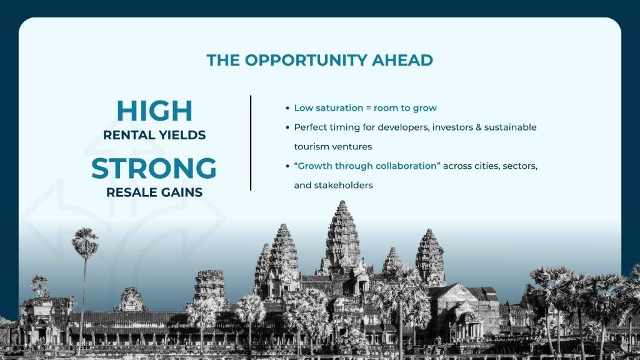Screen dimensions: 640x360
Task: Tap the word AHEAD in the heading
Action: (402, 60)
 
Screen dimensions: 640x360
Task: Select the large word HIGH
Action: (154, 111)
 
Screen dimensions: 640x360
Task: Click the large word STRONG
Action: (154, 168)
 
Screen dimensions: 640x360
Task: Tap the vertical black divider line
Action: (251, 143)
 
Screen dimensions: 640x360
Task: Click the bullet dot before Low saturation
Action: (287, 109)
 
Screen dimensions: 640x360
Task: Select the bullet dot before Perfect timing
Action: (287, 127)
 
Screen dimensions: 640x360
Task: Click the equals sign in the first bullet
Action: (368, 108)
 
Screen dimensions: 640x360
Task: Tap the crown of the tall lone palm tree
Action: (85, 243)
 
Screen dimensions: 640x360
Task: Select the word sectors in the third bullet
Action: (520, 166)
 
